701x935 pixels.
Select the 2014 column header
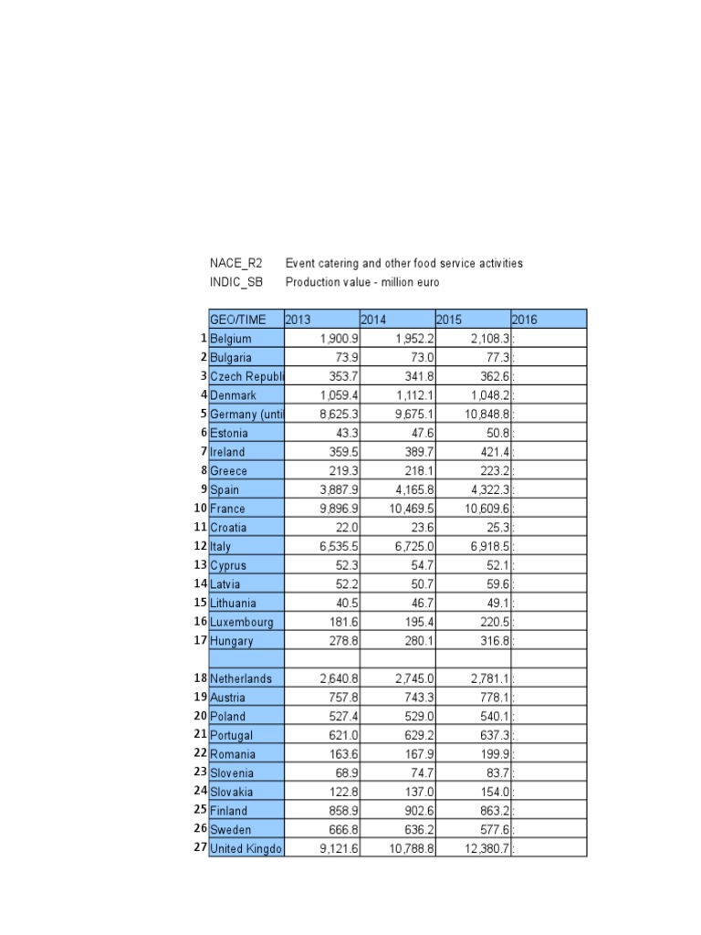pyautogui.click(x=371, y=320)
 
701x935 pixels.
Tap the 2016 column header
pyautogui.click(x=524, y=320)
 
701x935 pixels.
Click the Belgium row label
pyautogui.click(x=231, y=339)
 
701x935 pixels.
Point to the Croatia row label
pyautogui.click(x=228, y=527)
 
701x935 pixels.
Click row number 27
pyautogui.click(x=199, y=848)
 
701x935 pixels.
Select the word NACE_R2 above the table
pyautogui.click(x=235, y=263)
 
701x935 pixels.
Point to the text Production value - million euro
pyautogui.click(x=362, y=282)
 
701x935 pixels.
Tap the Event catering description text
pyautogui.click(x=404, y=263)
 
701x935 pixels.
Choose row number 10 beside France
pyautogui.click(x=199, y=508)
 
